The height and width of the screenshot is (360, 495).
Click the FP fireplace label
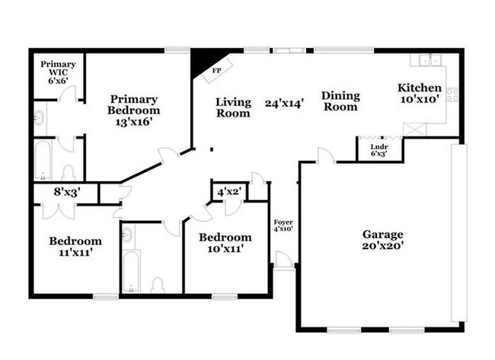point(216,71)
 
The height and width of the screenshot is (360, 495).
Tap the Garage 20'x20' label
point(382,240)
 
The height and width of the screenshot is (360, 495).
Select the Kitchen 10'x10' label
point(420,94)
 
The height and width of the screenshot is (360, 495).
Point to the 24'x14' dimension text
point(285,104)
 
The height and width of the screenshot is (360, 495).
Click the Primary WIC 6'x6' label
point(58,72)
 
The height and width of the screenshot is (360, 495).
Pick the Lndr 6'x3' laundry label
point(379,150)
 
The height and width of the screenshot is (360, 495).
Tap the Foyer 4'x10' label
point(283,225)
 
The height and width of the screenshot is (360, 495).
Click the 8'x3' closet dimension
point(67,192)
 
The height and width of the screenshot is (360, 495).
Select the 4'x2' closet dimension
point(229,192)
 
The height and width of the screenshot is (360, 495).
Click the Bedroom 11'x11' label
point(75,247)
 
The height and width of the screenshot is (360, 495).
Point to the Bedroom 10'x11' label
point(225,243)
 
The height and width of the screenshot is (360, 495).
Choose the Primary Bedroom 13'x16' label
point(134,110)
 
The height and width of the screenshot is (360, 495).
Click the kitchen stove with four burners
point(452,95)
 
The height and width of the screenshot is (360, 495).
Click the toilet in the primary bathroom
point(69,173)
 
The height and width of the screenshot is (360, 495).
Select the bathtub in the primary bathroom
point(43,161)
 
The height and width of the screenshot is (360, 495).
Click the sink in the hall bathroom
point(127,234)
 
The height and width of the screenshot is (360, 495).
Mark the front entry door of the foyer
point(283,260)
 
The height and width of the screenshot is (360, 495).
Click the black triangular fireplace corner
point(205,62)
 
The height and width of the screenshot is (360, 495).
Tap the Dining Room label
point(340,101)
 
